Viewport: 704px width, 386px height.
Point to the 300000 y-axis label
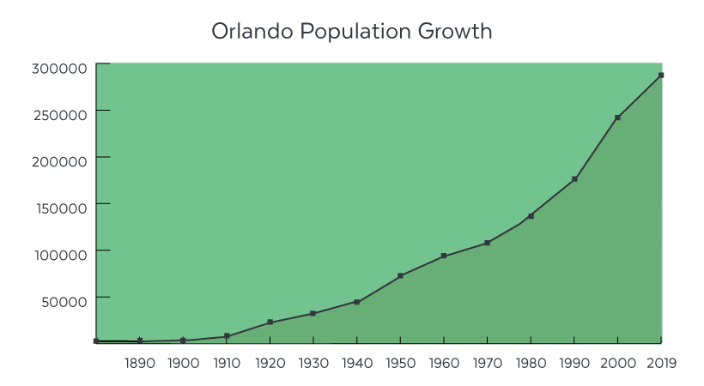coord(60,69)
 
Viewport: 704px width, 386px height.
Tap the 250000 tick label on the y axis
coord(60,115)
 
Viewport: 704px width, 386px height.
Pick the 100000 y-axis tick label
coord(60,255)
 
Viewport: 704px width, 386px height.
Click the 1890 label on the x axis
coord(140,363)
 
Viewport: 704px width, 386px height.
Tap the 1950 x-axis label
coord(400,363)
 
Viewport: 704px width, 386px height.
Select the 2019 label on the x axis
coord(660,363)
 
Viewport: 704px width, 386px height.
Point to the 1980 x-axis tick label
coord(530,363)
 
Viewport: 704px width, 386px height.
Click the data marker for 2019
coord(661,75)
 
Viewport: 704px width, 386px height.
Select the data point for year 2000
coord(617,118)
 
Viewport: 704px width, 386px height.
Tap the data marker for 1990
coord(574,179)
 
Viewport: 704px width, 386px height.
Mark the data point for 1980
coord(531,216)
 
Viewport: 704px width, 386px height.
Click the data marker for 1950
coord(400,276)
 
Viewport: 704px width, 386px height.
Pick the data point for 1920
coord(270,323)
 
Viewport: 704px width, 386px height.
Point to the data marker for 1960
coord(444,256)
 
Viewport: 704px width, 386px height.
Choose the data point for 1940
coord(356,302)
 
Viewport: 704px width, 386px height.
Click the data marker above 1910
coord(227,336)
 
